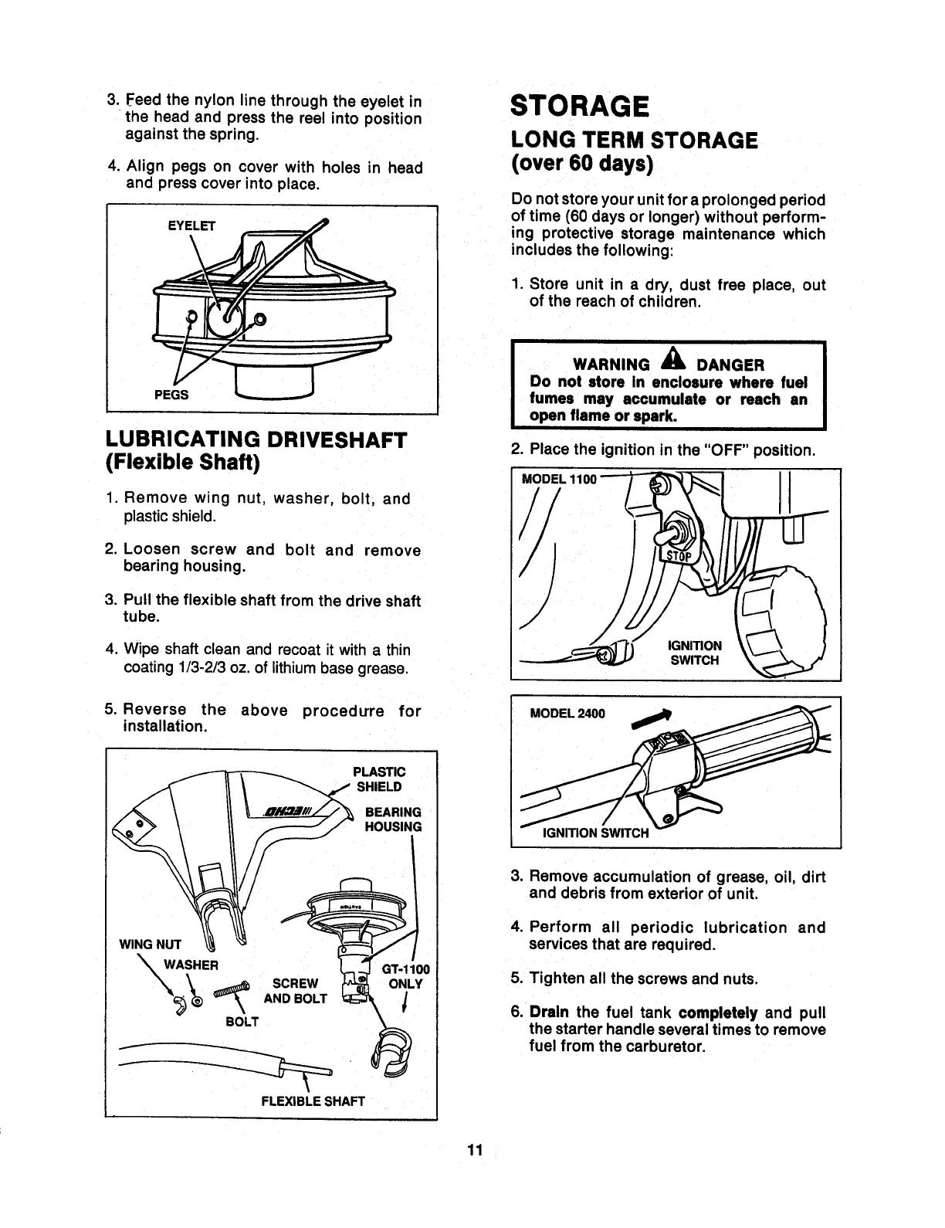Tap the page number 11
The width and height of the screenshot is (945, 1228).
(474, 1150)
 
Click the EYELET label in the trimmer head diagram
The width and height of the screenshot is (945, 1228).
(192, 226)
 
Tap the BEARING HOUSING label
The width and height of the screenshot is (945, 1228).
(393, 819)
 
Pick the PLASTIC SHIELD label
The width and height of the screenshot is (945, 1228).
(378, 779)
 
